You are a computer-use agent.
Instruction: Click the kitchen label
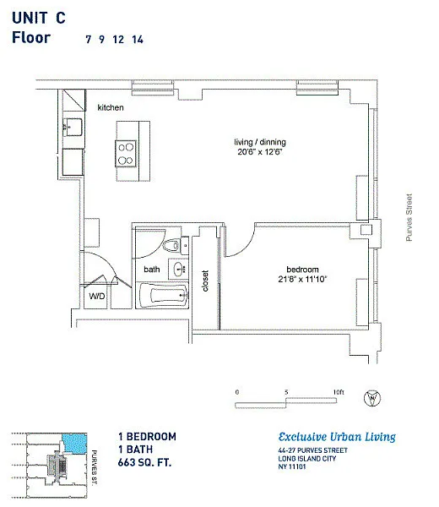pos(111,107)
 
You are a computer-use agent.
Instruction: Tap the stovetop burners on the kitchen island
pos(126,154)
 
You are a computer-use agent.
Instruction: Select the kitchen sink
pos(73,127)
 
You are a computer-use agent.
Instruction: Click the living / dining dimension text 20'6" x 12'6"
pos(260,151)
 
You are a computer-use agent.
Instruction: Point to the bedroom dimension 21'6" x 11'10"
pos(303,279)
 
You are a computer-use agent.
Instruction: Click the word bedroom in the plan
pos(303,270)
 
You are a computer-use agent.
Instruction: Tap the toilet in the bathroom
pos(172,245)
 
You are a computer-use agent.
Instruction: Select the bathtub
pos(164,296)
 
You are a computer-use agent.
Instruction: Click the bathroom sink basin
pos(179,269)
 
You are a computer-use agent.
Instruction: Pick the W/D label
pos(97,297)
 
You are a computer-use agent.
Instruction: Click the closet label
pos(205,281)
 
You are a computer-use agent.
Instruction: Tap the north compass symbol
pos(372,398)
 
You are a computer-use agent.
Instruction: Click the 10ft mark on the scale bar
pos(339,392)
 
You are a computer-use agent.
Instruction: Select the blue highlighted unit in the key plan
pos(74,444)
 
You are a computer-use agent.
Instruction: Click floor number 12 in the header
pos(118,40)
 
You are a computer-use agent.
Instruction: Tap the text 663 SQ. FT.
pos(144,462)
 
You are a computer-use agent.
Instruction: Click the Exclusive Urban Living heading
pos(337,437)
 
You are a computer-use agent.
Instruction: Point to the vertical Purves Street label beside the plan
pos(409,217)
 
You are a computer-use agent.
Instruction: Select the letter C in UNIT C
pos(61,18)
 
